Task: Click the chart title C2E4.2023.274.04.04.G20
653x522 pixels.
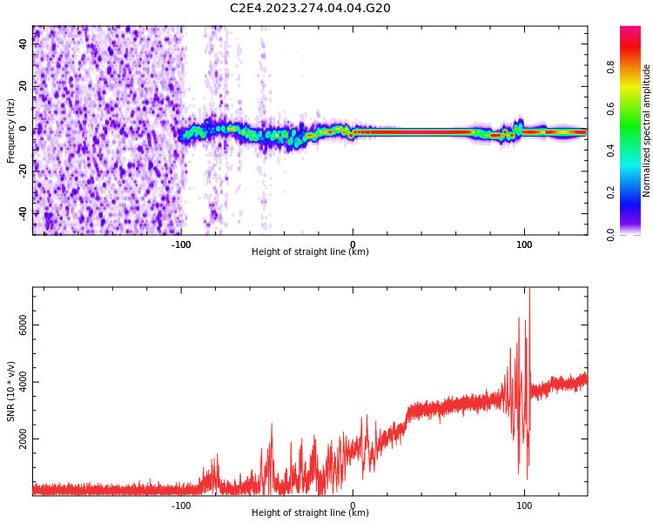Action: click(x=310, y=8)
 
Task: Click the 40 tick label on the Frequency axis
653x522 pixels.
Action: click(x=24, y=44)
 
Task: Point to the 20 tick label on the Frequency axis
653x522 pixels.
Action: click(x=24, y=86)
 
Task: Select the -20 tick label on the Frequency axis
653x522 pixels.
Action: click(x=24, y=171)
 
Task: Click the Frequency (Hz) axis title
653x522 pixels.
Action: click(x=11, y=130)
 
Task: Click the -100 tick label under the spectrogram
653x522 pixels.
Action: click(x=180, y=244)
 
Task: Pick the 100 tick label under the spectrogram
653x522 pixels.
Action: click(x=524, y=244)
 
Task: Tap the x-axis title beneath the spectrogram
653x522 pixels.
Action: click(x=310, y=252)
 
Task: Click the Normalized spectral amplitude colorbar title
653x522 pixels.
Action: click(x=647, y=130)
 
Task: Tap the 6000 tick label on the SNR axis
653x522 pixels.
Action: click(x=24, y=325)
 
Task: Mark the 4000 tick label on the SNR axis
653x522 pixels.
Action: click(x=24, y=383)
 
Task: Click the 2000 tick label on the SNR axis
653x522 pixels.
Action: click(x=24, y=440)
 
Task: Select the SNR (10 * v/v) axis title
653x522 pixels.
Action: click(x=11, y=391)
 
